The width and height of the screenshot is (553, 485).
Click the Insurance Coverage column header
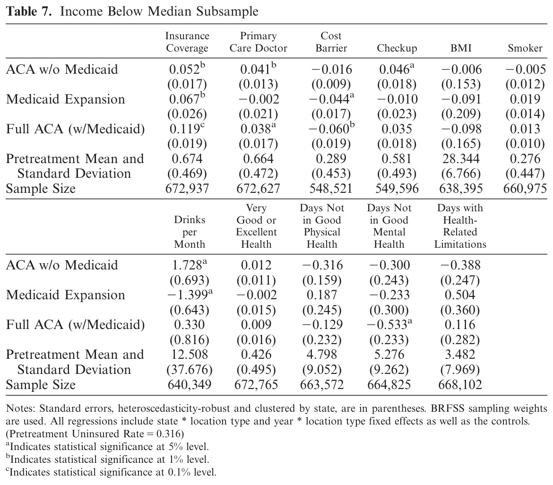pyautogui.click(x=187, y=42)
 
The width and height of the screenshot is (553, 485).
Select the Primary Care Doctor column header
pyautogui.click(x=259, y=42)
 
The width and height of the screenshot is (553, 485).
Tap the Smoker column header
pyautogui.click(x=525, y=48)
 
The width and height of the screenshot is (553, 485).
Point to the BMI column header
pyautogui.click(x=461, y=48)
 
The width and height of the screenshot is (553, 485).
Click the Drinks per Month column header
pyautogui.click(x=190, y=232)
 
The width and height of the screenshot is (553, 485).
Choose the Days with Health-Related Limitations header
pyautogui.click(x=460, y=226)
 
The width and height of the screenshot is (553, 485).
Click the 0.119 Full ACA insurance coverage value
pyautogui.click(x=187, y=129)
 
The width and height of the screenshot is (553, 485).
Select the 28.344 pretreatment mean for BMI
pyautogui.click(x=461, y=159)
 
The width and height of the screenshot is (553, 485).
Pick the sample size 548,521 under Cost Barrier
pyautogui.click(x=331, y=188)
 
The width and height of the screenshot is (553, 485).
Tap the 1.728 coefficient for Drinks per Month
pyautogui.click(x=189, y=265)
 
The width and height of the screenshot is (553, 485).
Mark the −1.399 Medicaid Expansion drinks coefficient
pyautogui.click(x=190, y=294)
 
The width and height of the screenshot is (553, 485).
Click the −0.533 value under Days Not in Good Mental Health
pyautogui.click(x=389, y=324)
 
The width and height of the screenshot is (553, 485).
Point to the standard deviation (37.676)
pyautogui.click(x=190, y=370)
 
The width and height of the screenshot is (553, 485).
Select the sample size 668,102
pyautogui.click(x=460, y=384)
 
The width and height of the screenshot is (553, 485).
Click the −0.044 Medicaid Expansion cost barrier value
pyautogui.click(x=331, y=99)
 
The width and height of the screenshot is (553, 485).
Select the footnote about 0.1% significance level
pyautogui.click(x=111, y=472)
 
